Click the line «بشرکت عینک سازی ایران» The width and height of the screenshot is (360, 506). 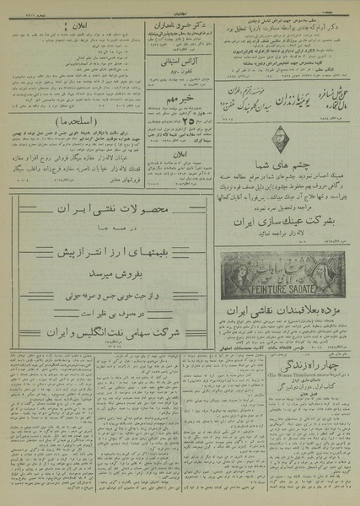point(284,223)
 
